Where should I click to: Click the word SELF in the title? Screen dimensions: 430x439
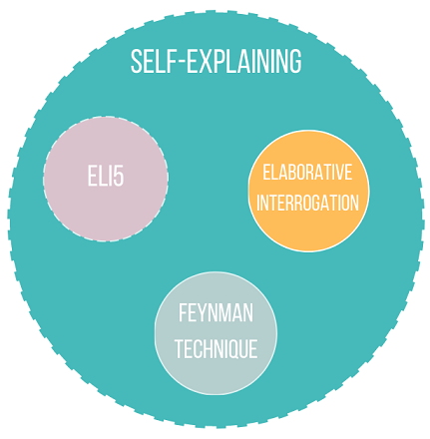(x=152, y=62)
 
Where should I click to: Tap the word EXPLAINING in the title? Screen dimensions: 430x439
(x=243, y=62)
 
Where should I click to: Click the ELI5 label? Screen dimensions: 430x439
(x=106, y=177)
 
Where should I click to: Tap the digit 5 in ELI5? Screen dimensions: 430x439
(x=119, y=177)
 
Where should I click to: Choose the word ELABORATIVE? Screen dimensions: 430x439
(x=307, y=173)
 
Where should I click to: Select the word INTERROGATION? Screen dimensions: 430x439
(x=307, y=203)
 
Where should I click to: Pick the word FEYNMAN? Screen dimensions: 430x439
(x=215, y=312)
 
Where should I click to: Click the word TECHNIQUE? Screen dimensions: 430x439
(x=216, y=348)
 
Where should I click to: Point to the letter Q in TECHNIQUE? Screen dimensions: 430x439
(x=235, y=349)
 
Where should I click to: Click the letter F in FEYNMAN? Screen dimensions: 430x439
(x=183, y=312)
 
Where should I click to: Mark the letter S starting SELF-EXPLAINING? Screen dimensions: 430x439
(x=136, y=62)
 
